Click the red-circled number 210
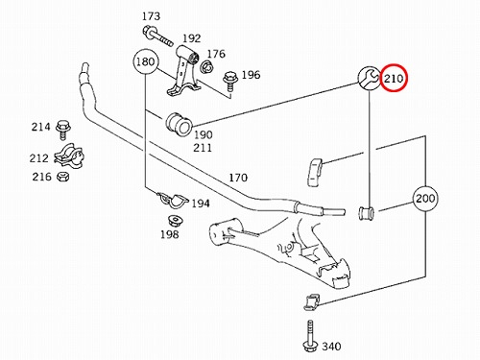(394, 79)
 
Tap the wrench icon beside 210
(370, 78)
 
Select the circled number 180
(146, 61)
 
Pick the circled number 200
(425, 199)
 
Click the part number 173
(151, 16)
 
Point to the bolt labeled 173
(157, 36)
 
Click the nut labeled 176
(204, 67)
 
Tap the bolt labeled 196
(229, 82)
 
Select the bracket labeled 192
(183, 70)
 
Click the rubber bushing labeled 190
(179, 124)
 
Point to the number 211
(203, 148)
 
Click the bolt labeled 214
(63, 130)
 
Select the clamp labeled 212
(69, 156)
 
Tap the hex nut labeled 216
(63, 177)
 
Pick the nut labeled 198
(176, 221)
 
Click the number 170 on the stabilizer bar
(238, 178)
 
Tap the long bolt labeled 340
(310, 337)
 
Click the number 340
(331, 347)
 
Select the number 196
(251, 75)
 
